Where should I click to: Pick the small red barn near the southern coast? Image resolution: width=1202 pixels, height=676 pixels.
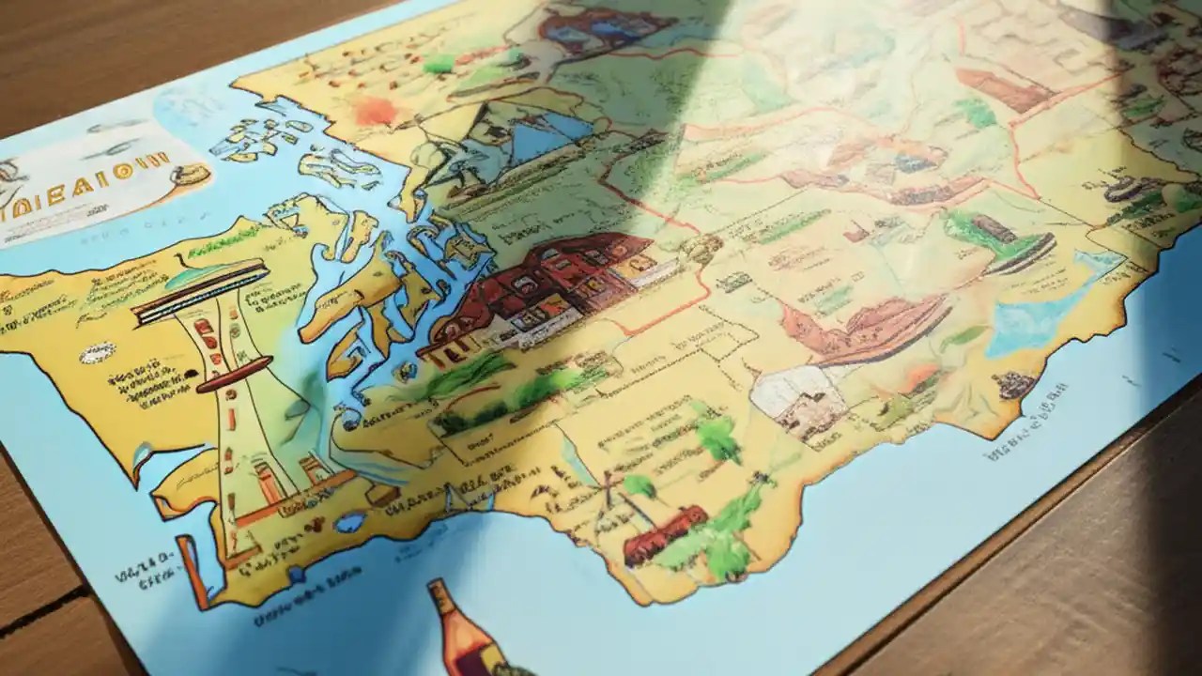click(664, 533)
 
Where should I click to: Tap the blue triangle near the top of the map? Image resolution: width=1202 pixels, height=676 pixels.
click(545, 141)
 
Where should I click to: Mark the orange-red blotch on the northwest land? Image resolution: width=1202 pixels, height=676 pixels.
click(376, 110)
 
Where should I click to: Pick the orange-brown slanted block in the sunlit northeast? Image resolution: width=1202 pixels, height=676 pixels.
click(1000, 89)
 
